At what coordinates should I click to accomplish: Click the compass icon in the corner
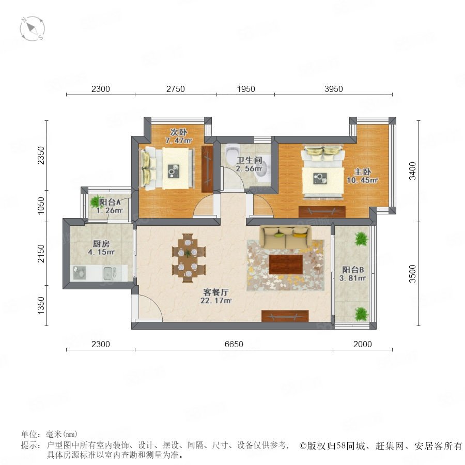click(x=33, y=29)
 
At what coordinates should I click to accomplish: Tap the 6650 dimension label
click(x=234, y=344)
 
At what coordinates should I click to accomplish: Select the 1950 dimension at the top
click(x=246, y=89)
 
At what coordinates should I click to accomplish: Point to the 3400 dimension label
click(x=412, y=171)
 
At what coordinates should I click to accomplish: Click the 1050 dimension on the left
click(x=41, y=206)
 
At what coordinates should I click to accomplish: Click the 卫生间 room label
click(x=250, y=161)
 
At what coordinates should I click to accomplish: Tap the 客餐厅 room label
click(x=216, y=292)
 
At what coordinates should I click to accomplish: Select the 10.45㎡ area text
click(x=362, y=180)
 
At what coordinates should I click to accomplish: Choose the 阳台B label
click(x=353, y=270)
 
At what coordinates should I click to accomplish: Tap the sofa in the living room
click(x=286, y=236)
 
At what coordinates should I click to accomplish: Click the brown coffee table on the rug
click(x=286, y=264)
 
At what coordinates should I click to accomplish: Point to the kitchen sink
click(x=110, y=273)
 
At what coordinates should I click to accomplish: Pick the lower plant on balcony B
click(x=361, y=314)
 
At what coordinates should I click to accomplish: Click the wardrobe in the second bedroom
click(x=207, y=169)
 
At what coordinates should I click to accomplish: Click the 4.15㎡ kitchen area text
click(x=101, y=252)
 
